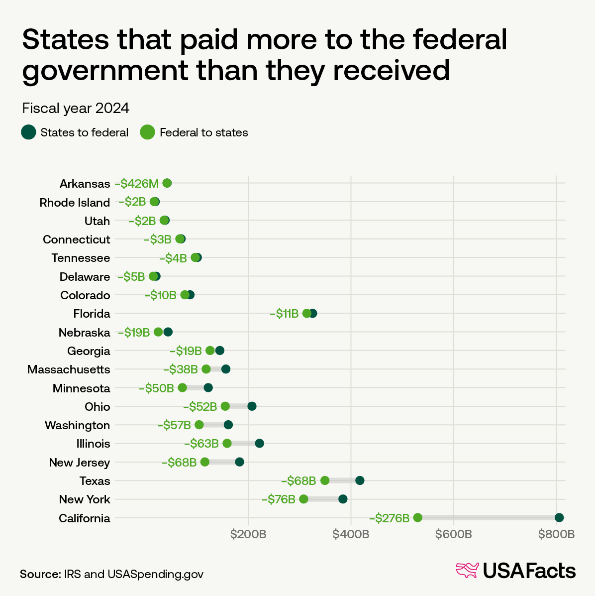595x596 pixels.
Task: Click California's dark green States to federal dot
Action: coord(559,518)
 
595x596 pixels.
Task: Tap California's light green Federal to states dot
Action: coord(417,518)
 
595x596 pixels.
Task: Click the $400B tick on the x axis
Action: coord(351,535)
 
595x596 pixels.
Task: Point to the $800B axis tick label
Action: coord(556,535)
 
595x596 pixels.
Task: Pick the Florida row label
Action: coord(92,314)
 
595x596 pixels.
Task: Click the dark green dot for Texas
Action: coord(360,480)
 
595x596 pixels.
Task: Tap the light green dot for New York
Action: coord(303,499)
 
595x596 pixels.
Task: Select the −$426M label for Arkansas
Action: coord(137,184)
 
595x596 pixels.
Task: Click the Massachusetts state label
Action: coord(69,369)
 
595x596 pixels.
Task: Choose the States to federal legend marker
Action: coord(28,132)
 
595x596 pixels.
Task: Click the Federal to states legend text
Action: coord(203,132)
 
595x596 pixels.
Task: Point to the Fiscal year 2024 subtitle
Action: coord(76,108)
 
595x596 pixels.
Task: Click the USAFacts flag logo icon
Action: coord(467,570)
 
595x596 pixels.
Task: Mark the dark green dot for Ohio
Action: coord(252,406)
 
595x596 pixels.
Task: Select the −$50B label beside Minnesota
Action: coord(156,388)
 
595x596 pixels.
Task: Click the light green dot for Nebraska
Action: coord(158,332)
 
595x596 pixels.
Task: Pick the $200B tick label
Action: coord(248,535)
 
